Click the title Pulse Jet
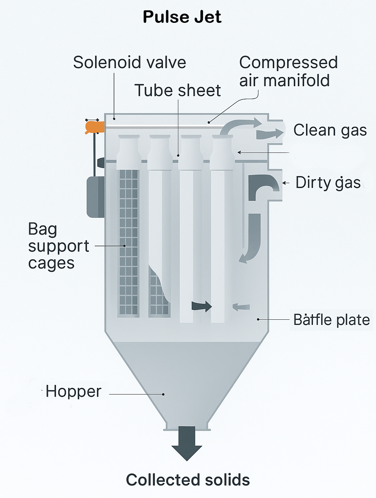(x=182, y=17)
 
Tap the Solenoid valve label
(x=129, y=62)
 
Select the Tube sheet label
(x=177, y=90)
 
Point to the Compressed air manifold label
(x=288, y=71)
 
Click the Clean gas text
(x=330, y=130)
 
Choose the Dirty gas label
(x=328, y=183)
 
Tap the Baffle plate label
(x=331, y=320)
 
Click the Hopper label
(x=73, y=391)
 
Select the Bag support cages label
(x=58, y=246)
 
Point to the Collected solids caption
(x=188, y=480)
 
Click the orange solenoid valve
(x=94, y=127)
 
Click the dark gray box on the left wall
(x=95, y=196)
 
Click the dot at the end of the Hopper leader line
(x=163, y=394)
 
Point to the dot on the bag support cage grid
(x=125, y=246)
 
